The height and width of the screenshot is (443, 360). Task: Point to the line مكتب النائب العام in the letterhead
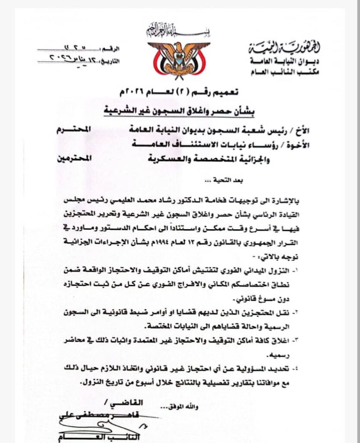click(291, 72)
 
